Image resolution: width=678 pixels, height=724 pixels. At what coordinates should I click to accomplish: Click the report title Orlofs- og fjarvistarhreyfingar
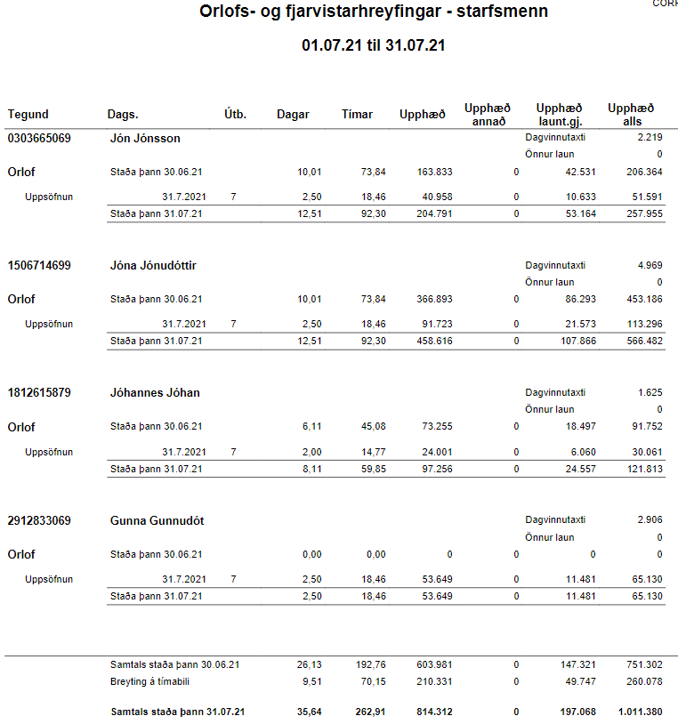pos(373,12)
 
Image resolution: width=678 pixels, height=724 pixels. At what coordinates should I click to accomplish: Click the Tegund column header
pos(28,115)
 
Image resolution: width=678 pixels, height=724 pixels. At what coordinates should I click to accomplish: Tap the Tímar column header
pos(357,115)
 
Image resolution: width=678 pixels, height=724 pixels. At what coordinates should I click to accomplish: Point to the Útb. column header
pos(235,115)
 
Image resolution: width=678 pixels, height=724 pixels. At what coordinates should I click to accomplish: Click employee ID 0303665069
pos(39,138)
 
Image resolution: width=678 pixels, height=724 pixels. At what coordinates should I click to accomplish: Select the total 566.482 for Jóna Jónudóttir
pos(644,341)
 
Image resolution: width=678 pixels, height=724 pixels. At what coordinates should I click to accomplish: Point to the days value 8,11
pos(311,468)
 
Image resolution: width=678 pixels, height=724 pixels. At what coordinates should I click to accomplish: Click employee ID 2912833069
pos(39,519)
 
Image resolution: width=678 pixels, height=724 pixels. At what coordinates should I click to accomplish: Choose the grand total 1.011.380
pos(638,712)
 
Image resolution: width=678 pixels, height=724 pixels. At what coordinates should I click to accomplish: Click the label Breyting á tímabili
pos(150,682)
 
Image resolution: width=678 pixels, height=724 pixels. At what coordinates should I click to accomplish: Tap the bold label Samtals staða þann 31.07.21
pos(178,712)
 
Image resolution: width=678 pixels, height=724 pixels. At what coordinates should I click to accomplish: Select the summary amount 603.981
pos(435,664)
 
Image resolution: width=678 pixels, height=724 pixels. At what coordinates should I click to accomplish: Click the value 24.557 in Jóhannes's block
pos(579,468)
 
